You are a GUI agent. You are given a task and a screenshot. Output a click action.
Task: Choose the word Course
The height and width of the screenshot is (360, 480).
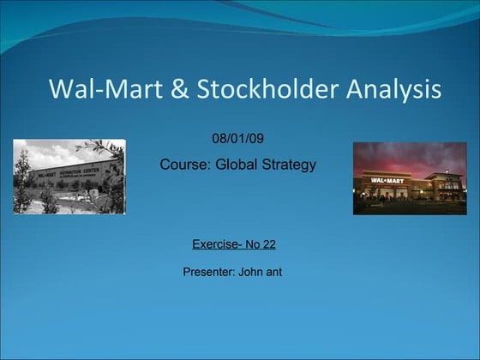181,165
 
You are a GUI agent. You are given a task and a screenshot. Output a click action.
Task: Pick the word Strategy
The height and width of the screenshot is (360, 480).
288,165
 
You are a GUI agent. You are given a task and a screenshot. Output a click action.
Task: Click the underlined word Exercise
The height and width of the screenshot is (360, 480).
215,244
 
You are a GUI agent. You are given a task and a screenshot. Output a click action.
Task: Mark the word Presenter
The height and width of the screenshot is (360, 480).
207,273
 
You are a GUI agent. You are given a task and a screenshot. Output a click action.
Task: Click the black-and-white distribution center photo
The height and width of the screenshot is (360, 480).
69,177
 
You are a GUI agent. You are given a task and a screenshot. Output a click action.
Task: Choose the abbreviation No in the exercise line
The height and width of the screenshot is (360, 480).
252,244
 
